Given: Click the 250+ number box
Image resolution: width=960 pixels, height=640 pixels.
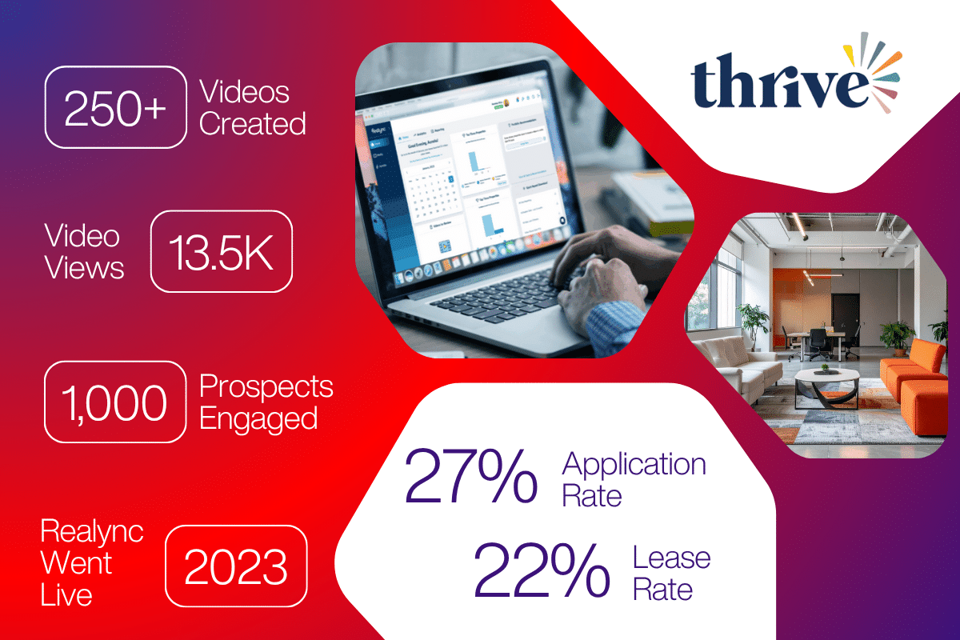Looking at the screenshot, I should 115,107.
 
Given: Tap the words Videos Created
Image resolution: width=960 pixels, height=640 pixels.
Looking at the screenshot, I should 252,107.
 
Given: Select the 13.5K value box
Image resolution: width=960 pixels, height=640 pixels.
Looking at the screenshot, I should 222,250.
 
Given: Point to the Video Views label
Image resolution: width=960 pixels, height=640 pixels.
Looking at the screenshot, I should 83,251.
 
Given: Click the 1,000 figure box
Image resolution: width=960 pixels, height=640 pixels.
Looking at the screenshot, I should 115,402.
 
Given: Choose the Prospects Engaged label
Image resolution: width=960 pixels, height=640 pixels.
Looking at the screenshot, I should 266,402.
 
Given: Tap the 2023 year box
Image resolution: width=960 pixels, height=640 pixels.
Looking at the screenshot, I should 235,566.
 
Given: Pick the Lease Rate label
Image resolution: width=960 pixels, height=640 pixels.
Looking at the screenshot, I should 671,573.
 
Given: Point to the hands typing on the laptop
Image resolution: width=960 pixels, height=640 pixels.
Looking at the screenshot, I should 596,276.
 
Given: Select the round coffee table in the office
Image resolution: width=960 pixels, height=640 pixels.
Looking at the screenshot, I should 826,384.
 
